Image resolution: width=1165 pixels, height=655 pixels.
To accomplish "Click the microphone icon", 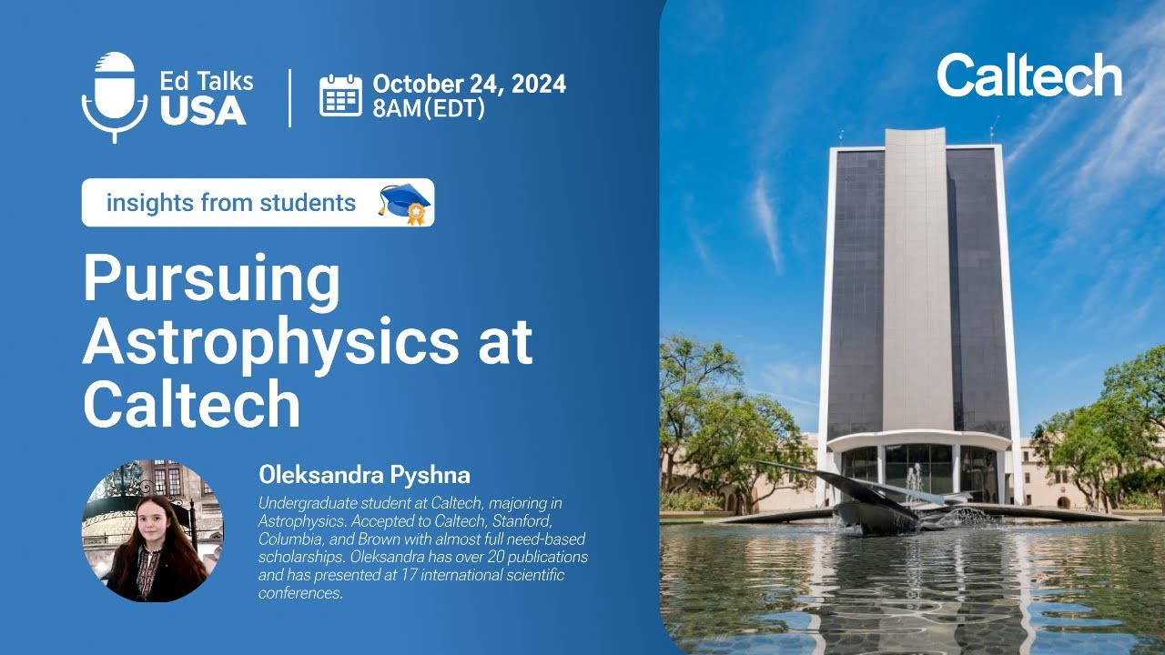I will (x=115, y=96).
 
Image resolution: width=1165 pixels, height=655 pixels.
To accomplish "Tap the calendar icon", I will (x=340, y=96).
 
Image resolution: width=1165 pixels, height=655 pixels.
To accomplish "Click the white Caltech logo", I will (x=1028, y=76).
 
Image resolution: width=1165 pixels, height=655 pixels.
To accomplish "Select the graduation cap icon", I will (x=403, y=202).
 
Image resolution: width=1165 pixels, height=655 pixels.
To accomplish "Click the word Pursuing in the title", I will (x=211, y=280).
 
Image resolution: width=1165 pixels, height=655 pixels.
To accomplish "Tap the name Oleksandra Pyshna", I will (x=364, y=475).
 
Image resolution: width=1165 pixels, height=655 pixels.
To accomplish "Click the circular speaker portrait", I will (x=153, y=531).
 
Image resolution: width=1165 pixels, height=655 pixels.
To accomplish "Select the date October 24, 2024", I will (x=469, y=85).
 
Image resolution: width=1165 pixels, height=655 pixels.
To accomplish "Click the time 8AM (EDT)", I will (x=428, y=109).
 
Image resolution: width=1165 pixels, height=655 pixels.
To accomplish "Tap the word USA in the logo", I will (x=204, y=110).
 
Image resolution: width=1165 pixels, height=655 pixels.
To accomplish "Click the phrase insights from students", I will (x=231, y=203).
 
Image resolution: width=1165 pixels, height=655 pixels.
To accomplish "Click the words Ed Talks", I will (x=207, y=80).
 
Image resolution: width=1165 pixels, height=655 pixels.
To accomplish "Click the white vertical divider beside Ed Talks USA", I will (x=290, y=97).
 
